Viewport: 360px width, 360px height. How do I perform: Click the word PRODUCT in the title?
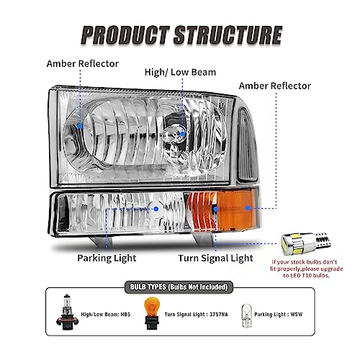click(126, 33)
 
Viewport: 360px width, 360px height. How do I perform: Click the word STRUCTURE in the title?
click(224, 33)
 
